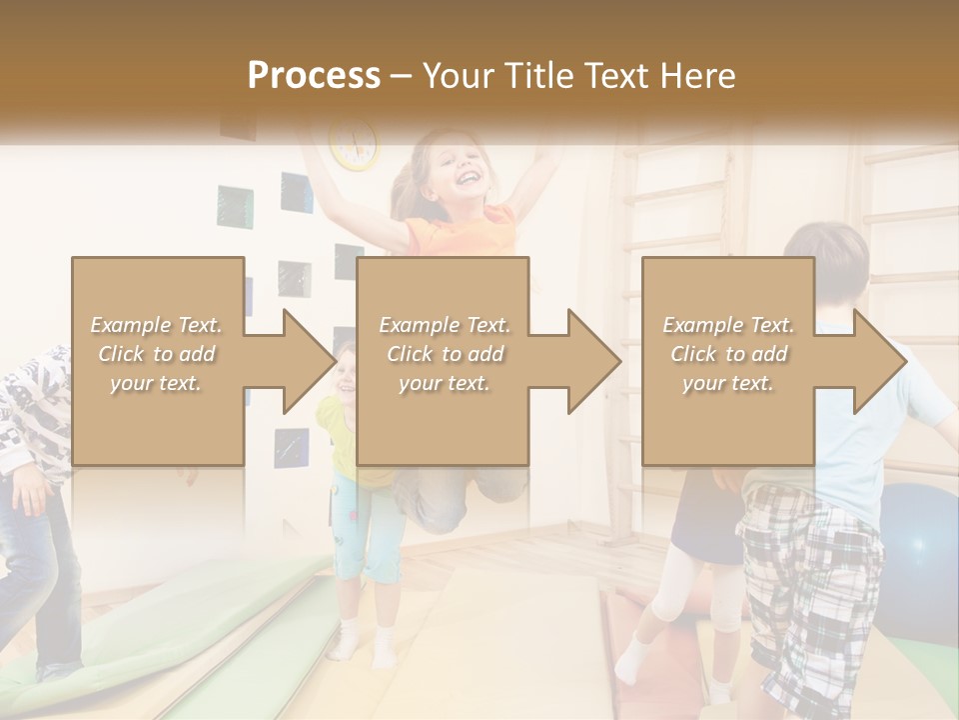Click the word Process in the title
(x=314, y=75)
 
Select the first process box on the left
(x=158, y=361)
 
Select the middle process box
(x=443, y=361)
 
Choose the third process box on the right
(x=727, y=361)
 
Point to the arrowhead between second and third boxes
(x=592, y=361)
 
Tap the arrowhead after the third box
(x=877, y=361)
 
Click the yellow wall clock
(x=354, y=144)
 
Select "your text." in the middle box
(x=444, y=384)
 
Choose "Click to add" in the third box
(x=728, y=354)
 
